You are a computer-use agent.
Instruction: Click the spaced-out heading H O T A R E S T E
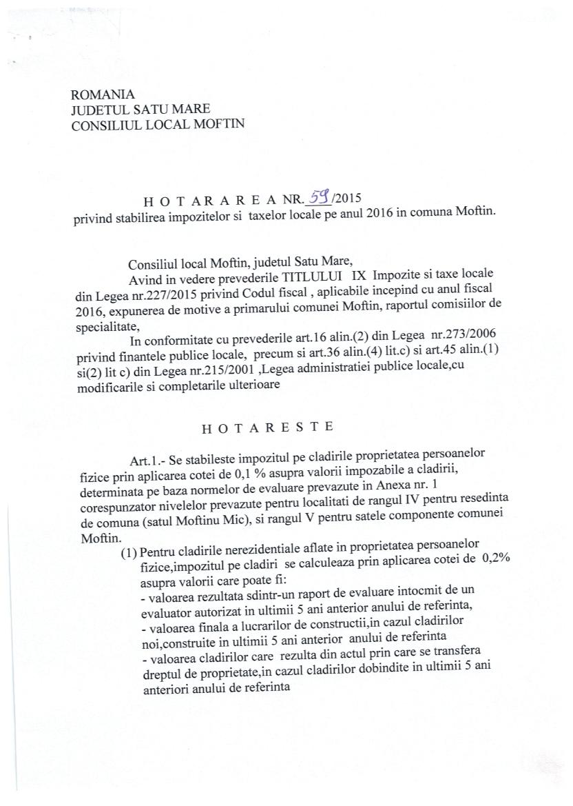(267, 427)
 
